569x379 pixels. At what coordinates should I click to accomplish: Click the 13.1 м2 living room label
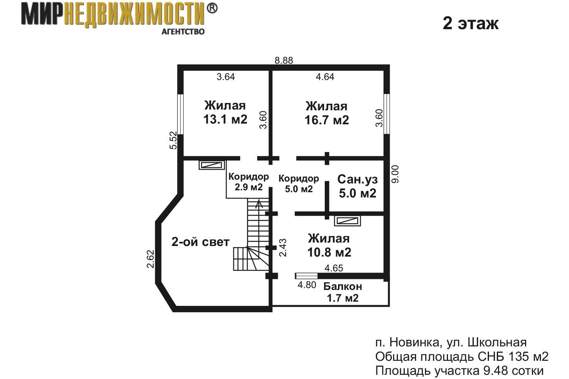225,113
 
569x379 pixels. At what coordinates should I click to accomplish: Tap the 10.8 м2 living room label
329,246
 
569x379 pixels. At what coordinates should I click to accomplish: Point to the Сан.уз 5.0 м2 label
357,186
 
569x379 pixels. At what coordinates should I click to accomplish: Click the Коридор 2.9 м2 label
248,182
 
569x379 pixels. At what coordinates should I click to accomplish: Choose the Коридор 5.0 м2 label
299,184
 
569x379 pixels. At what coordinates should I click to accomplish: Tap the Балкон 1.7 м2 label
343,292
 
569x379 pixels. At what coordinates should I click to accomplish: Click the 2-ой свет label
200,242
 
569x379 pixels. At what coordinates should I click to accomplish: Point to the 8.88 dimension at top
284,60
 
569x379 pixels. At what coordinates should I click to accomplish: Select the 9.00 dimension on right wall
395,174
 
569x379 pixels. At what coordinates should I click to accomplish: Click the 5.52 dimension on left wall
173,140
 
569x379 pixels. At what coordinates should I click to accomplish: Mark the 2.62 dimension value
150,259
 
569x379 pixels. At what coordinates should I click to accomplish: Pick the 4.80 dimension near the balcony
307,285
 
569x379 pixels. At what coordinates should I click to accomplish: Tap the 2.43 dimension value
283,248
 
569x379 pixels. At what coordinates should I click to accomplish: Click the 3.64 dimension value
226,77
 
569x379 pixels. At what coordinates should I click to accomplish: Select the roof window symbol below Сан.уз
347,221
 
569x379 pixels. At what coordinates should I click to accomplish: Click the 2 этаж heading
471,23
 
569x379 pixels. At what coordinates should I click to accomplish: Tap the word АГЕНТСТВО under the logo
183,32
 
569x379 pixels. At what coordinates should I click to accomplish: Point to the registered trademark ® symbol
212,8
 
